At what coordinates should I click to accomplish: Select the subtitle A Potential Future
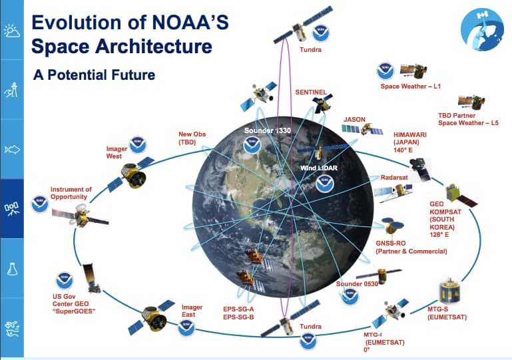(94, 75)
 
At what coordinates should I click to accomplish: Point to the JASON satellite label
(354, 120)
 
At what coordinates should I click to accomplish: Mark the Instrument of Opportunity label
(71, 194)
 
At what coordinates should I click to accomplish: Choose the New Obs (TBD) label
(192, 138)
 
